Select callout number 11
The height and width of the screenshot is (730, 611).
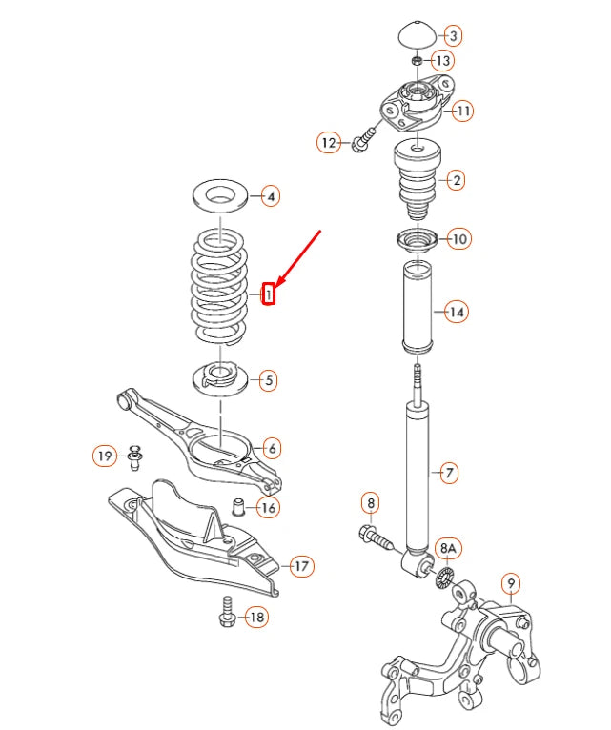click(461, 112)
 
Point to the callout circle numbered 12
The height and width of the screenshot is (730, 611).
click(329, 143)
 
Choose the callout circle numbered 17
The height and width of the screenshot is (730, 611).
click(301, 567)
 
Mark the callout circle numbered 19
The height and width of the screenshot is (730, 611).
click(105, 456)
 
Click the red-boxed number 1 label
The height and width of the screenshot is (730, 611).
click(270, 295)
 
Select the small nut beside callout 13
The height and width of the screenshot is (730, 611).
click(418, 61)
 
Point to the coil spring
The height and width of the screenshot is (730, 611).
click(219, 286)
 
